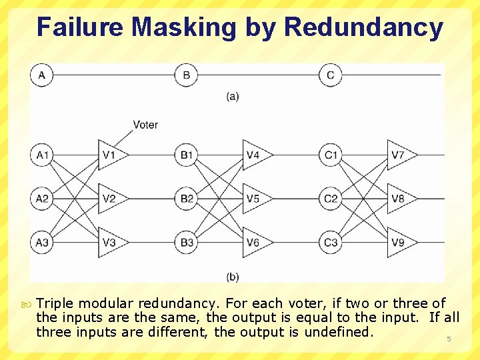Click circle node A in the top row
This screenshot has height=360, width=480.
(x=42, y=75)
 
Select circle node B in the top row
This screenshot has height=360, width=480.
(x=186, y=75)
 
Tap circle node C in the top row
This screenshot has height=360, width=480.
(x=331, y=75)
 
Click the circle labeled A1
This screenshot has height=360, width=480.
(x=42, y=155)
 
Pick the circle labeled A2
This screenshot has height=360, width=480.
(x=42, y=199)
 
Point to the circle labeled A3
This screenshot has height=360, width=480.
(x=42, y=242)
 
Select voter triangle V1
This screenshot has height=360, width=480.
(x=109, y=155)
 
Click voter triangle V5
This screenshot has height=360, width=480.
(x=253, y=199)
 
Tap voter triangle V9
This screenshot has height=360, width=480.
(x=399, y=242)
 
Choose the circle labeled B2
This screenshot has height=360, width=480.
(x=187, y=199)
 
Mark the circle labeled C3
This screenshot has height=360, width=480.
(x=331, y=242)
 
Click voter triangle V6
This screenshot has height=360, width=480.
(x=253, y=242)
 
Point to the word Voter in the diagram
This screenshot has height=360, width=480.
(x=145, y=125)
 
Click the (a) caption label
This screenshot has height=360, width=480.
(x=232, y=96)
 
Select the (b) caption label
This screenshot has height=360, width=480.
(x=233, y=276)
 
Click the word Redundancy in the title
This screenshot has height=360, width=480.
(x=363, y=27)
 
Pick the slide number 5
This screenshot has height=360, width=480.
(x=449, y=339)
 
